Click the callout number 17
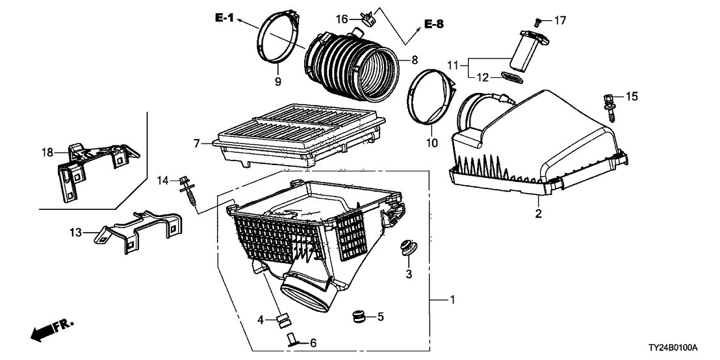[560, 21]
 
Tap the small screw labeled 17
[539, 22]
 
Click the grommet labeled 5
[355, 317]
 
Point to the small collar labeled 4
[283, 319]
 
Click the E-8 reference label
[434, 24]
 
